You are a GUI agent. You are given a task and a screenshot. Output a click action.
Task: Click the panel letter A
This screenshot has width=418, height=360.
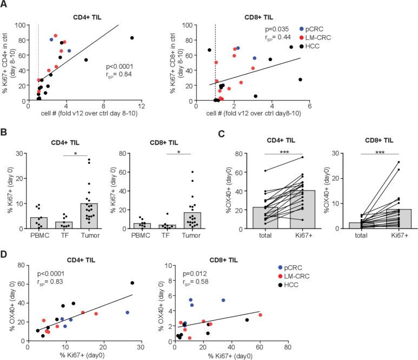5,5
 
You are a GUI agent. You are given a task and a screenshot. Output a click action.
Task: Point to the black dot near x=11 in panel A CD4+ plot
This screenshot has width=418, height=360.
132,38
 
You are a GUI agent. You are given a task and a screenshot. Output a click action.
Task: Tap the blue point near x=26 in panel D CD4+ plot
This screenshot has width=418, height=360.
127,312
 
